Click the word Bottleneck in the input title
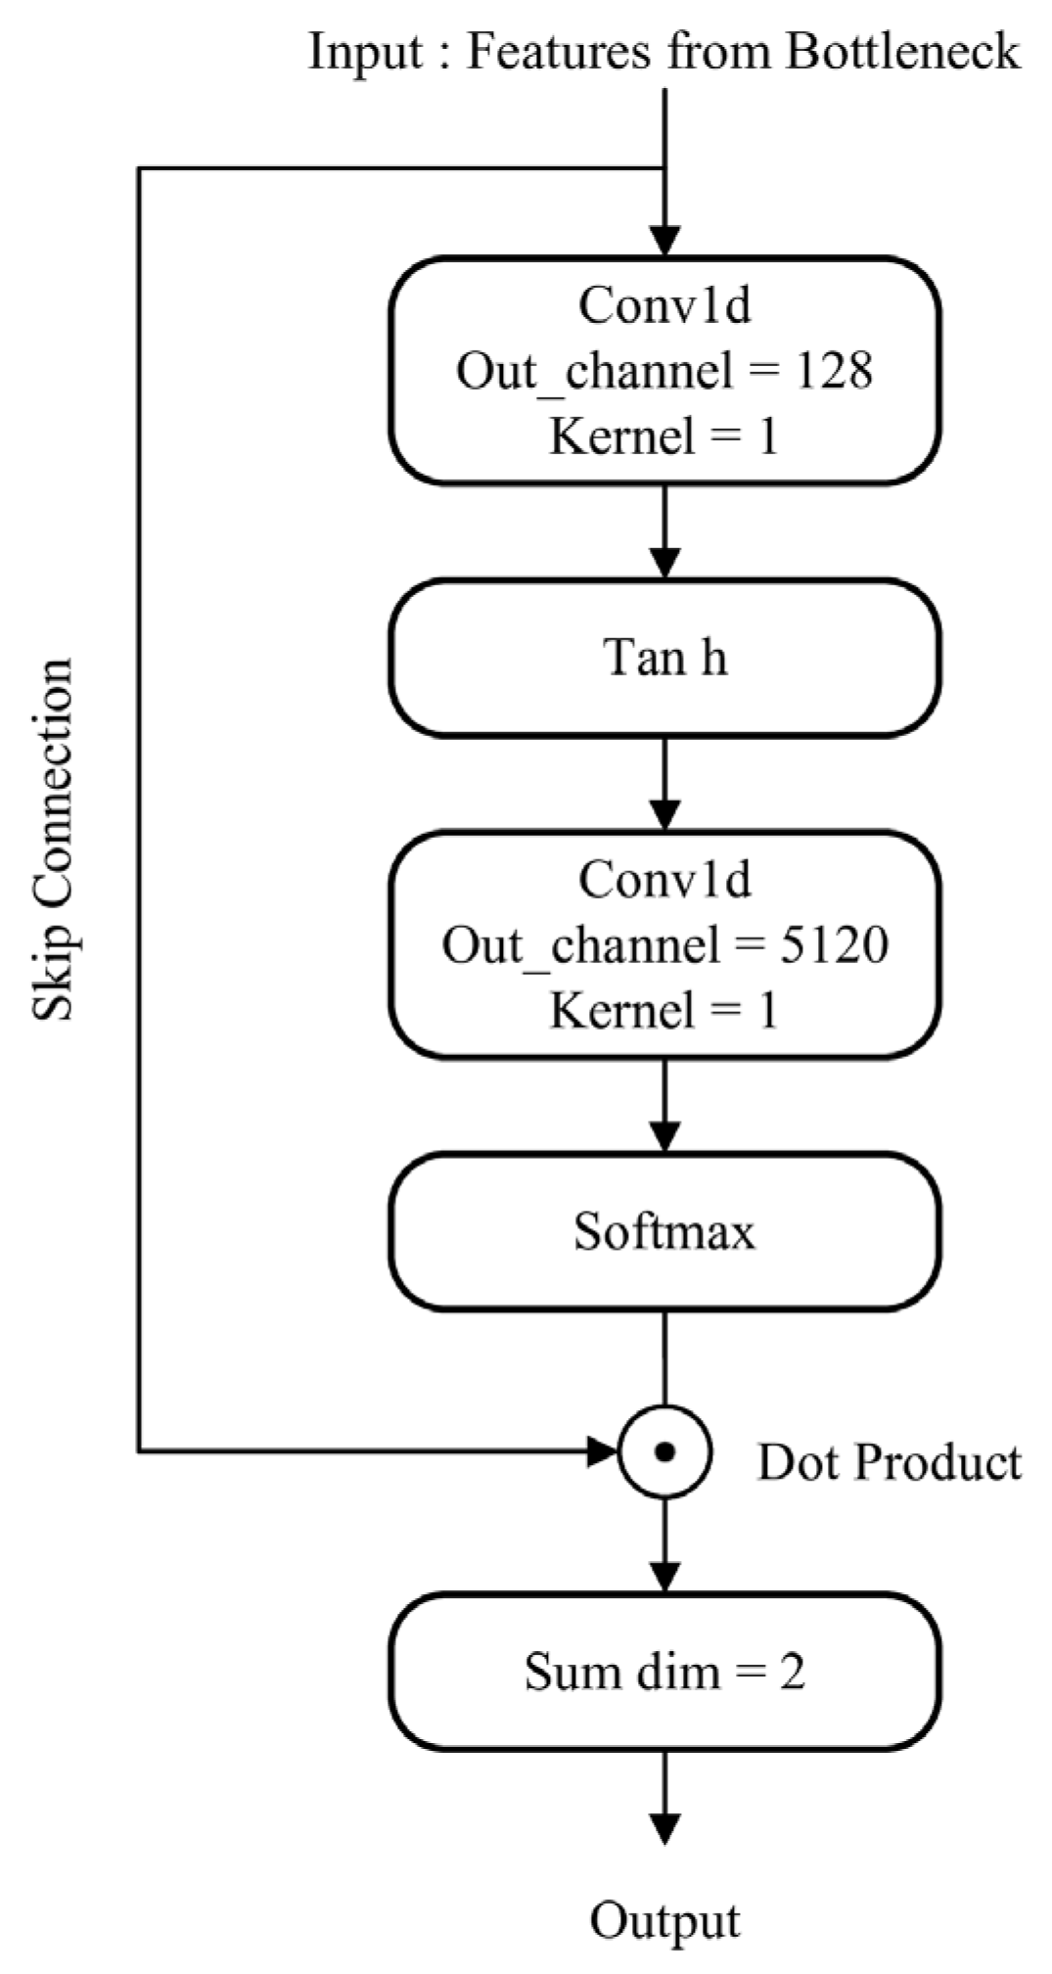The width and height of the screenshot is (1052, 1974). [902, 51]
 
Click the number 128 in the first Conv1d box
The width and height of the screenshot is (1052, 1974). [833, 370]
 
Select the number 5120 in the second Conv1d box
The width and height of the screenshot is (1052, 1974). [833, 944]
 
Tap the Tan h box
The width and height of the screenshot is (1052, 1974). [664, 658]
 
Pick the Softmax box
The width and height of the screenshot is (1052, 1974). [664, 1231]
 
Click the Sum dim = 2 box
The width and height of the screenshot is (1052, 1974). [664, 1672]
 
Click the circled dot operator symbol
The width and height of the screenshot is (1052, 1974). [664, 1452]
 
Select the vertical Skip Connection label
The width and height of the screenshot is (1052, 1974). [54, 840]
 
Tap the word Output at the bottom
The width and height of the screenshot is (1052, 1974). [664, 1920]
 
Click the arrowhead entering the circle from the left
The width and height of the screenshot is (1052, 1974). [601, 1452]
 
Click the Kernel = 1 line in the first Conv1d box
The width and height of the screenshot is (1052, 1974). [664, 436]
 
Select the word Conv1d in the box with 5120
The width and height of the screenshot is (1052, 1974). [664, 879]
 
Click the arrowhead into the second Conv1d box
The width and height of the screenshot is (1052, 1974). [664, 814]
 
